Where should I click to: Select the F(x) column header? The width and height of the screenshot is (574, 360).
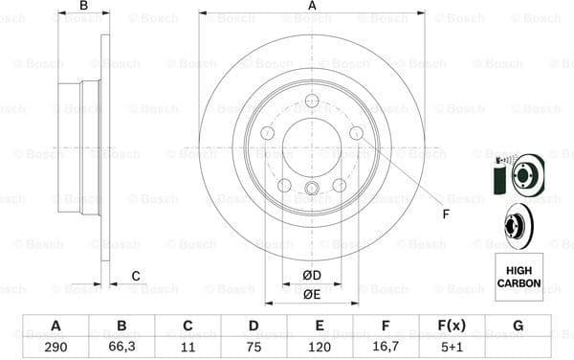click(452, 326)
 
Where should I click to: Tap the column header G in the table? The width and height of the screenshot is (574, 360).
click(518, 326)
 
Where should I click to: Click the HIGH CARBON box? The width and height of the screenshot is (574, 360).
click(518, 278)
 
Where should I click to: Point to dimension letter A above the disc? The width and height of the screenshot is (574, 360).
click(312, 7)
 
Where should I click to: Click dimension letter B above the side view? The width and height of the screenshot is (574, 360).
click(84, 7)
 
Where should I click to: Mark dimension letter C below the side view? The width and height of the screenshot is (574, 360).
click(136, 277)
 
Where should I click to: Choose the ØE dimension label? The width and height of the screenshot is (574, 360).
click(312, 294)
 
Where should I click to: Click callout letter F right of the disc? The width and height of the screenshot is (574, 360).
click(445, 214)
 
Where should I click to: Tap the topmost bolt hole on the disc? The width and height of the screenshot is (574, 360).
click(312, 102)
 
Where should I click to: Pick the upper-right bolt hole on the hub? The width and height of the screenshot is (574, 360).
click(356, 133)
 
